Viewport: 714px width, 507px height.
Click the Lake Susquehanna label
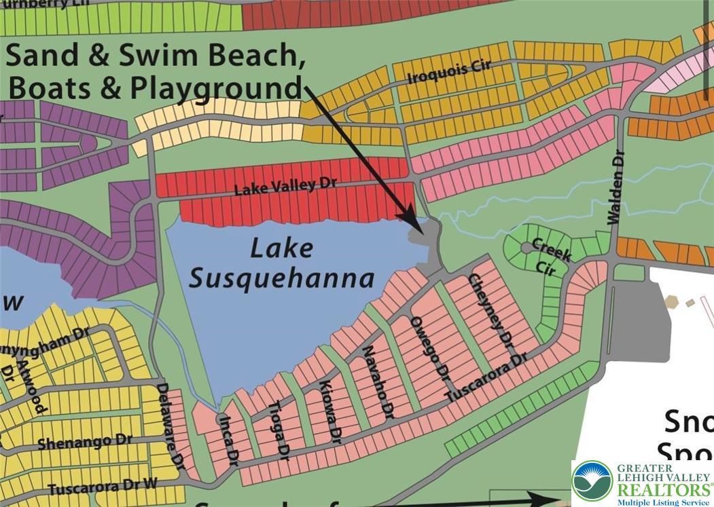pyautogui.click(x=281, y=263)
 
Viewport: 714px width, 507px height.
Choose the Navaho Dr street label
pyautogui.click(x=378, y=380)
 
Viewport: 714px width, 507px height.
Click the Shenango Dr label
pyautogui.click(x=85, y=442)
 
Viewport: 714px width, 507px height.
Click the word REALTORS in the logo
pyautogui.click(x=660, y=489)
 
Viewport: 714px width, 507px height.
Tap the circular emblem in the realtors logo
pyautogui.click(x=592, y=481)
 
